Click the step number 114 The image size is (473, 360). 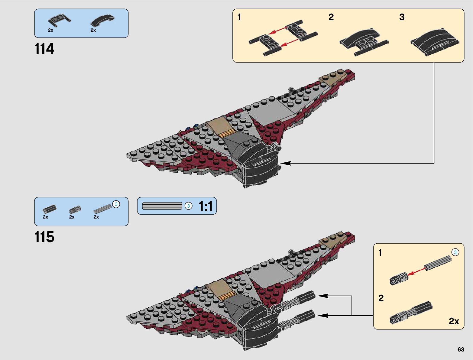tap(44, 49)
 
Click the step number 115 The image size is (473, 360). tap(44, 237)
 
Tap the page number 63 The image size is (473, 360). tap(461, 349)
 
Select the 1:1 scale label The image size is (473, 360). tap(206, 206)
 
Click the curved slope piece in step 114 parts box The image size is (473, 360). tap(103, 20)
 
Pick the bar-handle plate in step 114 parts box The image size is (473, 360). tap(59, 20)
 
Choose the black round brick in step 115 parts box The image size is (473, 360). tap(50, 209)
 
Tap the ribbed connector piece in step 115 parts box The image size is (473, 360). tap(75, 209)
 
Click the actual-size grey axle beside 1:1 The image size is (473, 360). tap(162, 206)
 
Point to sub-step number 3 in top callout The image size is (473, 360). tap(402, 17)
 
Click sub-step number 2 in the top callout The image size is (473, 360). tap(331, 17)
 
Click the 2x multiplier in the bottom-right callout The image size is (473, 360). tap(454, 321)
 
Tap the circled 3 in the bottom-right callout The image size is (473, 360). tap(455, 252)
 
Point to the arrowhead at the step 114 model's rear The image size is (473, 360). tap(286, 163)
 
